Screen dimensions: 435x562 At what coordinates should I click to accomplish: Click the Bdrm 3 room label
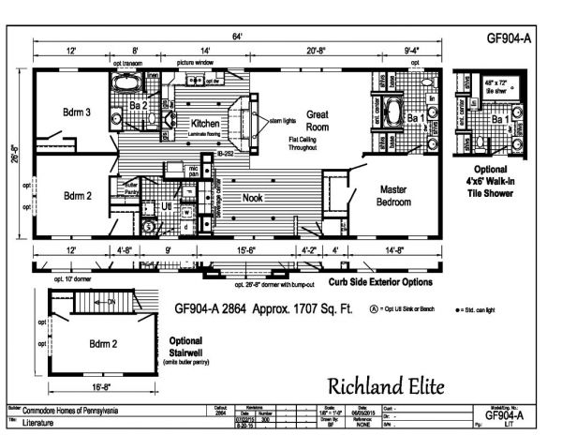(x=77, y=112)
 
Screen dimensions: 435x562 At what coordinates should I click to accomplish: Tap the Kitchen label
(x=204, y=123)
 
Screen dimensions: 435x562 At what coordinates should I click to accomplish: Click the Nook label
(x=253, y=199)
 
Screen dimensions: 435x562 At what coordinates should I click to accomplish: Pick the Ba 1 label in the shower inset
(x=501, y=120)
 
